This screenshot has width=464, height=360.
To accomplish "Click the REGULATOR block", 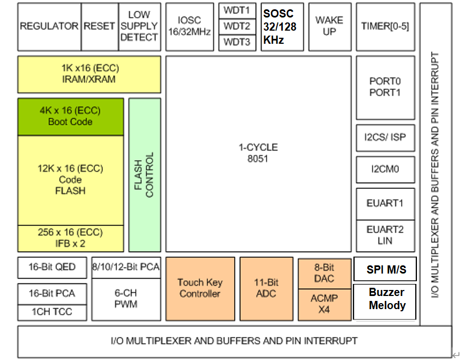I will pos(49,27).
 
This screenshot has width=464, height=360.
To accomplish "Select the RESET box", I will pos(99,27).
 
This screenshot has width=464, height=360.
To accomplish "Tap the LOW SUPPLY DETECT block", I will pos(139,27).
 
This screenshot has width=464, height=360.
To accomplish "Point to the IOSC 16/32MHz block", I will pos(189,27).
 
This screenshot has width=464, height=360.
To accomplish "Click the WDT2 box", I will pos(237,26).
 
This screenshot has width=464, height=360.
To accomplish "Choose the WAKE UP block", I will pos(329,27).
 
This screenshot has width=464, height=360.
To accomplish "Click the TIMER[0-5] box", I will pos(385,27).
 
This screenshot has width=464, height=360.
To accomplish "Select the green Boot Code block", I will pos(70,117).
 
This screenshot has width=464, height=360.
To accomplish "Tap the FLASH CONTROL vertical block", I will pos(144,175).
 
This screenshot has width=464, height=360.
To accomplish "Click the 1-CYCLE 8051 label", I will pos(258,153).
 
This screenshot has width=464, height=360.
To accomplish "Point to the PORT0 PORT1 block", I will pos(385,87).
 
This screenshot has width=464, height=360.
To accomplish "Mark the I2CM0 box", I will pos(385,170).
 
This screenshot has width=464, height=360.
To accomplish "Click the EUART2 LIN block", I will pos(385,235).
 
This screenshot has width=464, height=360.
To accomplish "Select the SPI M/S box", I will pos(385,269).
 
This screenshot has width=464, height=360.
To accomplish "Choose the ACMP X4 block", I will pos(324,304).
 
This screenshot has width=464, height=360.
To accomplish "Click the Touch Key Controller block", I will pos(200,288).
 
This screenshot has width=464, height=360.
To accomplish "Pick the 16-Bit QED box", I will pos(52,268).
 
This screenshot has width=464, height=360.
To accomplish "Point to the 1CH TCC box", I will pos(52,312).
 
